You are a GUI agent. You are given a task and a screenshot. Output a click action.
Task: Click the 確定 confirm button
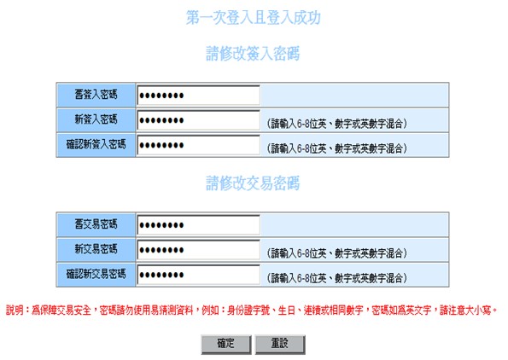pos(226,344)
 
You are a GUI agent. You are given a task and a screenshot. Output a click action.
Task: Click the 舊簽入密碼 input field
pos(198,96)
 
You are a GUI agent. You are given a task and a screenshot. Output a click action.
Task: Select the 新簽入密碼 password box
pos(198,120)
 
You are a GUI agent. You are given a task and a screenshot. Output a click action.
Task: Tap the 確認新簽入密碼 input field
pos(198,145)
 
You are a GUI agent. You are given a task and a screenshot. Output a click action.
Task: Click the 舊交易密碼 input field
pos(198,224)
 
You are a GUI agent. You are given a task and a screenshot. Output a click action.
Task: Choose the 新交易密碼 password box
pos(198,250)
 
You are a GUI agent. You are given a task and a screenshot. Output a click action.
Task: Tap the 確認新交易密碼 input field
pos(198,275)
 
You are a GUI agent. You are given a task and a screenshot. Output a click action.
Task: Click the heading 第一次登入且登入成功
pos(254,17)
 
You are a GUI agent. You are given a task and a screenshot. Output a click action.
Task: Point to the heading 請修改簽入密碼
pos(253,54)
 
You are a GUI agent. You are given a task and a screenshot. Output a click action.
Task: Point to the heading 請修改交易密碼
pos(253,183)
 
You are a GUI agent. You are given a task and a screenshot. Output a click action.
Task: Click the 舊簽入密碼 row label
pos(96,95)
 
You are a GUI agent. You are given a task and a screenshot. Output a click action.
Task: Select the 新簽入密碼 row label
pos(96,119)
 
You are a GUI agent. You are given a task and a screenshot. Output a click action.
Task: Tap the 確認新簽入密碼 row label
pos(96,144)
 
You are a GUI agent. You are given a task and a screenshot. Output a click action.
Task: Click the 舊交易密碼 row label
pos(96,224)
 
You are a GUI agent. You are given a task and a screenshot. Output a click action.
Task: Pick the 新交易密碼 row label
pos(96,249)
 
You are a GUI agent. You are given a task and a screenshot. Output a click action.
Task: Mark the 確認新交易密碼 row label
pos(96,274)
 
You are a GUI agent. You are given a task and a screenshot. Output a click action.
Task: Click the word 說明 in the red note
pos(15,311)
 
